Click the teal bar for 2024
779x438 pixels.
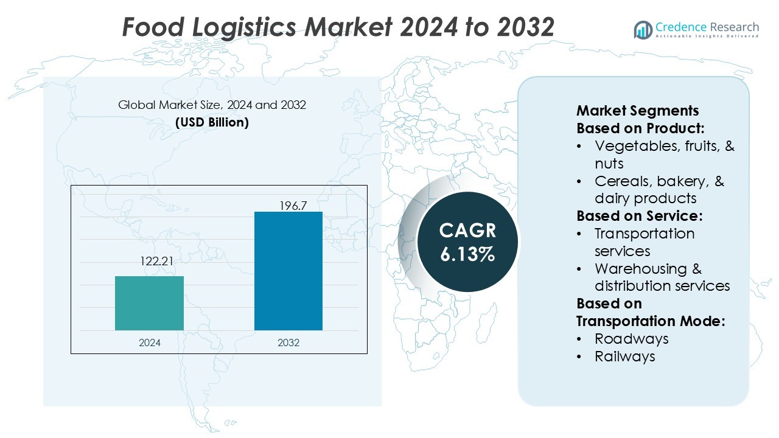pos(149,303)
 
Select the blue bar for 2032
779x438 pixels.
pos(288,271)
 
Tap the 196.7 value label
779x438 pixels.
pos(293,206)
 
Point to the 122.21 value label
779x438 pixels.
pos(156,261)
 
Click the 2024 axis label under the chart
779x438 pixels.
pos(150,342)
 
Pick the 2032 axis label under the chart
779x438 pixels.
pos(288,342)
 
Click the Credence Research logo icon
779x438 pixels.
pos(643,30)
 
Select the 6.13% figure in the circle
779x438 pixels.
pos(467,254)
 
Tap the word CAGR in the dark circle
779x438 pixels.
pos(467,231)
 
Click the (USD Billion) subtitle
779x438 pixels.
pos(212,122)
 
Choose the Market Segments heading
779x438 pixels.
pos(637,111)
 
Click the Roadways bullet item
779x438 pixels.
pos(632,339)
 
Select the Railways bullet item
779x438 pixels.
pos(625,356)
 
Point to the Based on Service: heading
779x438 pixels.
pos(640,216)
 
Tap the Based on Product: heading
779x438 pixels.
pos(640,128)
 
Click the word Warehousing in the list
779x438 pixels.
pos(641,269)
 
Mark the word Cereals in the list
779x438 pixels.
pos(624,181)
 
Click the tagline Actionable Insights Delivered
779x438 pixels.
pos(707,36)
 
